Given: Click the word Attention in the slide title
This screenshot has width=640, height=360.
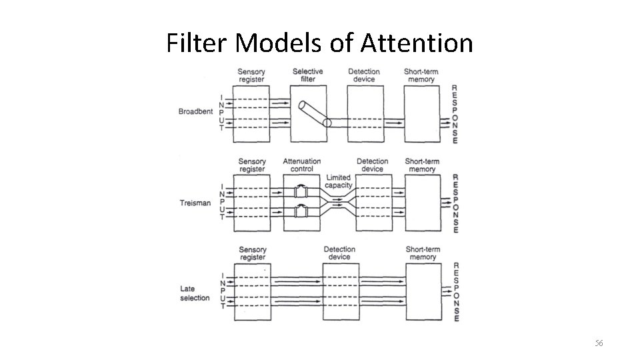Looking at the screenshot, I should pos(417,44).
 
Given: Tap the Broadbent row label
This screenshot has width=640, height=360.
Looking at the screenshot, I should pos(195,111).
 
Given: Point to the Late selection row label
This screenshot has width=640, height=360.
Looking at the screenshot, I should pos(195,293).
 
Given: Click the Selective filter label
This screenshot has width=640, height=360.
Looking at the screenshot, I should pos(307,75).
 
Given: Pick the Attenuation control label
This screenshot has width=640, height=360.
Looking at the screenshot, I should pos(302,165).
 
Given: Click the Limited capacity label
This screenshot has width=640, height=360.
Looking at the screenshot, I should pos(339,181).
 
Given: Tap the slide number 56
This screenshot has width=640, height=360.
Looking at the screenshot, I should pos(599,343).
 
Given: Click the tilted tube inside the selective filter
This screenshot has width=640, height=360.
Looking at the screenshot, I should pos(313,113).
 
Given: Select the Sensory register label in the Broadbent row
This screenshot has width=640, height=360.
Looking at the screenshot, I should pos(251,75).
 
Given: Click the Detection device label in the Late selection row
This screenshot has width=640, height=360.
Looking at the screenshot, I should pos(339,253).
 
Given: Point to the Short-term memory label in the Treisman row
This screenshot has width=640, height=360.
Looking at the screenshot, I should pos(421,165).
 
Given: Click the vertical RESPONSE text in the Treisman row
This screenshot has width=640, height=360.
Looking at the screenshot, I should pos(455,203).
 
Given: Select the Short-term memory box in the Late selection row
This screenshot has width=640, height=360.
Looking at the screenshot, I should pos(423,291).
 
